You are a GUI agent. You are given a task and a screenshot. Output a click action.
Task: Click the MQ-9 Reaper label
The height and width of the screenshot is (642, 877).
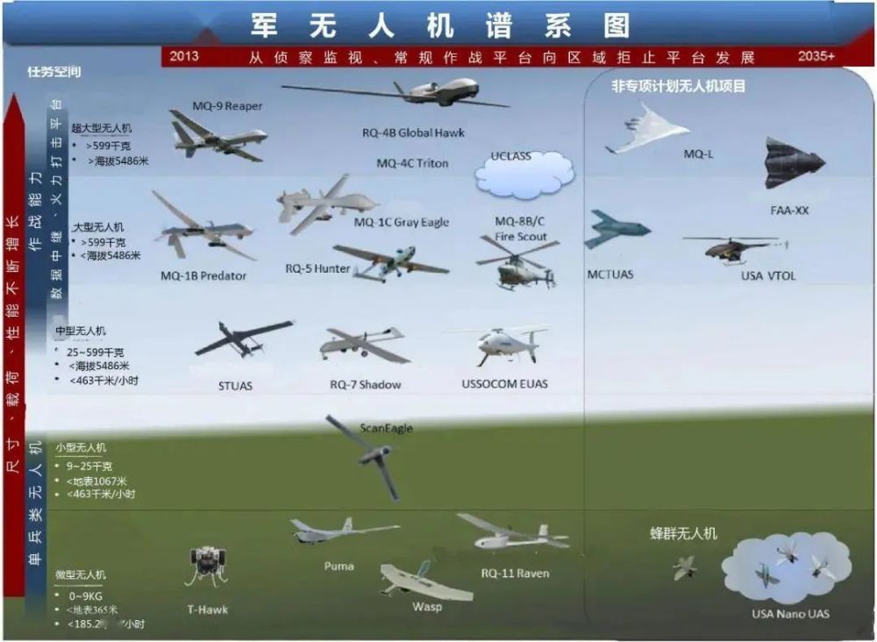point(227,106)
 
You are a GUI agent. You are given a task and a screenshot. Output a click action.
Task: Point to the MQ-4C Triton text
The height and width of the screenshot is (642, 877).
point(412,163)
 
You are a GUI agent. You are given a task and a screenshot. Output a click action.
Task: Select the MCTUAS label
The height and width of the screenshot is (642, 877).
point(610,275)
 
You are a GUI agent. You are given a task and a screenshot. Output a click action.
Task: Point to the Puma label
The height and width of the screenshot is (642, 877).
point(339,566)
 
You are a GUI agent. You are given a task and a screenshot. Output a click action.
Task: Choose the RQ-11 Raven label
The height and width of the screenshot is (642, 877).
point(515,574)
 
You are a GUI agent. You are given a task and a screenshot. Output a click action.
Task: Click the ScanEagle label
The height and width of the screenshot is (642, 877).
point(386,429)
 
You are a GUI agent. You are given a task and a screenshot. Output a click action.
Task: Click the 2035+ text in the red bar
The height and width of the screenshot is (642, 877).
point(816,56)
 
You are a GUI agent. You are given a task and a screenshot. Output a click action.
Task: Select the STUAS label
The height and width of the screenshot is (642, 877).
point(235,385)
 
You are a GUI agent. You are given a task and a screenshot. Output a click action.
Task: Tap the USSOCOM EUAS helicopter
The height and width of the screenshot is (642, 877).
point(503,344)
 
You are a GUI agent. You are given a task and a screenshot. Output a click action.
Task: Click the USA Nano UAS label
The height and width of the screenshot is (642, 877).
point(790,613)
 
